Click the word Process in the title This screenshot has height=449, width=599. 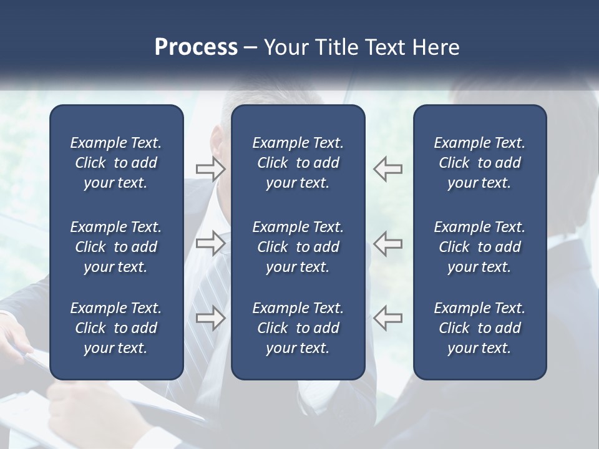[x=196, y=47]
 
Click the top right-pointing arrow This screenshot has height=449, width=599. [x=211, y=168]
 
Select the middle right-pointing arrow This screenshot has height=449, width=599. [x=211, y=243]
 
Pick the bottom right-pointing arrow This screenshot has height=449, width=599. [x=211, y=317]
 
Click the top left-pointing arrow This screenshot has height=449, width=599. [x=388, y=168]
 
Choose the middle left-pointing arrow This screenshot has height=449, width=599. [x=388, y=243]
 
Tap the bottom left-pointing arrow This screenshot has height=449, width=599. [x=388, y=317]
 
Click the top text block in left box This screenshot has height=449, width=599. [x=116, y=163]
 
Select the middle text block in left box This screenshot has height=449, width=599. [x=116, y=247]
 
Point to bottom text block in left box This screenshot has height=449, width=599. [x=116, y=328]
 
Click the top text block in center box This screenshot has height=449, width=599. [x=298, y=163]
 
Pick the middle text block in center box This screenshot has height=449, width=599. [x=298, y=247]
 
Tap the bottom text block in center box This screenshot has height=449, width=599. [x=298, y=328]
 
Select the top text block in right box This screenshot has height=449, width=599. [x=479, y=163]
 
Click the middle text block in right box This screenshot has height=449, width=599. [x=479, y=247]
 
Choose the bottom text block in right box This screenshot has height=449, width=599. [x=479, y=328]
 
